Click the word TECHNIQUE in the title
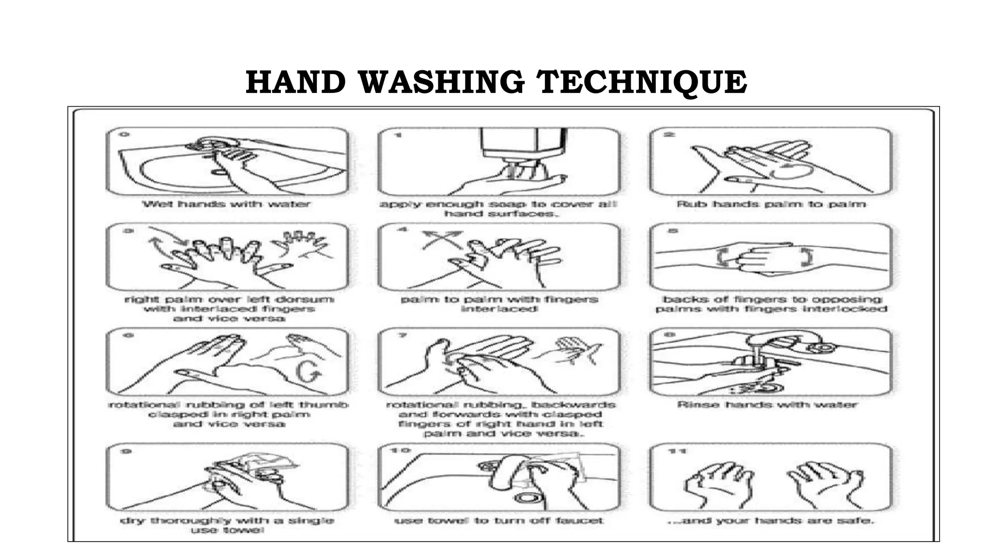pyautogui.click(x=642, y=82)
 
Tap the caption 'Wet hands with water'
pyautogui.click(x=226, y=204)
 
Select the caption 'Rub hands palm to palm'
pyautogui.click(x=771, y=204)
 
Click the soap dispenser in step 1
pyautogui.click(x=523, y=143)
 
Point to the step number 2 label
pyautogui.click(x=669, y=135)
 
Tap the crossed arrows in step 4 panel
pyautogui.click(x=442, y=240)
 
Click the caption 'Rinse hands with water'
pyautogui.click(x=767, y=404)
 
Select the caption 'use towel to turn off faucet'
pyautogui.click(x=499, y=521)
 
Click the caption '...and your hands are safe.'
pyautogui.click(x=771, y=521)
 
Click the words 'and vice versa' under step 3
pyautogui.click(x=229, y=318)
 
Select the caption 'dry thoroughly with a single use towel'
pyautogui.click(x=227, y=525)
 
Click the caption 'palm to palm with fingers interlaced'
pyautogui.click(x=499, y=304)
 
